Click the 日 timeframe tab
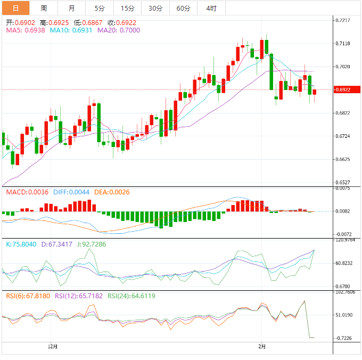coord(15,8)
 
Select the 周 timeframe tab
coord(43,8)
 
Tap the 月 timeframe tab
coord(71,8)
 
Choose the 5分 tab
coord(100,8)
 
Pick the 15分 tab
coord(127,8)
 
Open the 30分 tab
coord(155,8)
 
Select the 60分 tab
coord(183,8)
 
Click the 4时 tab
coord(211,8)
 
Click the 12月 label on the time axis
coord(52,346)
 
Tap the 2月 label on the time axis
coord(261,346)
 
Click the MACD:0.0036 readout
coord(27,192)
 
